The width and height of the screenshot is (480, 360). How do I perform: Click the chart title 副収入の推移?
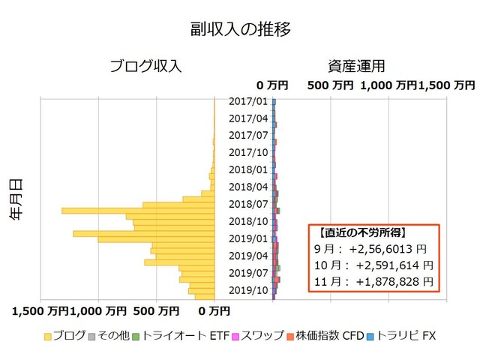(x=240, y=29)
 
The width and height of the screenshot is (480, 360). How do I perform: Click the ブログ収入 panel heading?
(x=145, y=66)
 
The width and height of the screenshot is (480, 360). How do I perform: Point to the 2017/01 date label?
(x=248, y=101)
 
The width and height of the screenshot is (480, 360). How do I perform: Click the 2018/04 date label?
(x=248, y=187)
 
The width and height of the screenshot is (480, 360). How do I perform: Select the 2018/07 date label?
(x=248, y=204)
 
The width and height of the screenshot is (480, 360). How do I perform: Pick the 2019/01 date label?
(x=248, y=238)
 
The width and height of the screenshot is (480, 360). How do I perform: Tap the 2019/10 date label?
(x=248, y=290)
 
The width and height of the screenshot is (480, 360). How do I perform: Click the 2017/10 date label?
(x=248, y=152)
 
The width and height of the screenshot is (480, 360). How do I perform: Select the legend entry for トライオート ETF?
(x=178, y=337)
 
